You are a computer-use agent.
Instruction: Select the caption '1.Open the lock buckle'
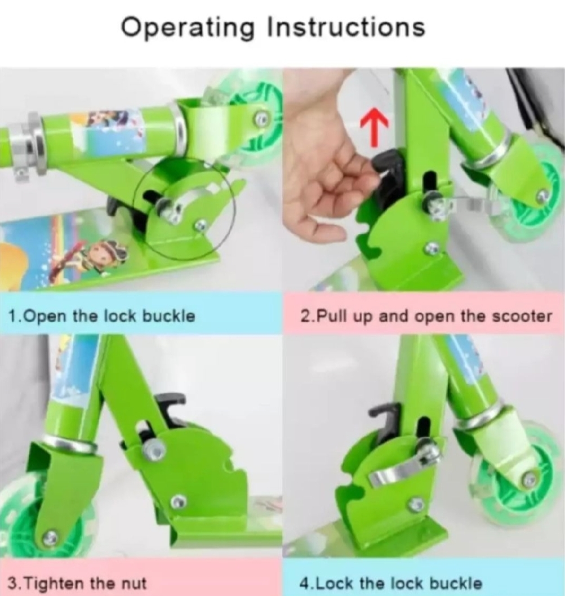point(102,316)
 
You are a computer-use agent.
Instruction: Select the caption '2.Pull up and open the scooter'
point(426,316)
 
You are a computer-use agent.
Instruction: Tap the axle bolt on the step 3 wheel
point(50,537)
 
